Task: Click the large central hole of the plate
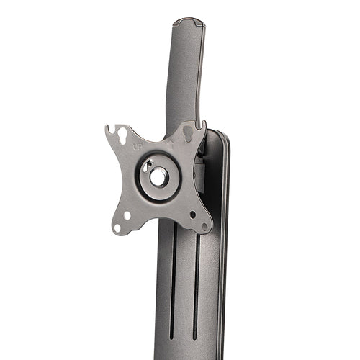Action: (159, 176)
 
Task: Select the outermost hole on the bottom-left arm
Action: (117, 227)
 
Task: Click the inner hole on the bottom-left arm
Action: (127, 215)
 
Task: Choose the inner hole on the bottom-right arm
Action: (192, 214)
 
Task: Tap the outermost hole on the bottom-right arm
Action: (204, 225)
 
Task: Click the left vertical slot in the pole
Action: (174, 281)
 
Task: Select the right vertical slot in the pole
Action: (195, 281)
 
